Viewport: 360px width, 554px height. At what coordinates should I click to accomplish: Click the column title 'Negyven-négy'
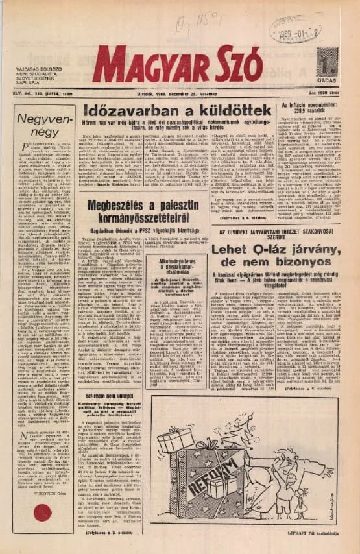43,125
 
